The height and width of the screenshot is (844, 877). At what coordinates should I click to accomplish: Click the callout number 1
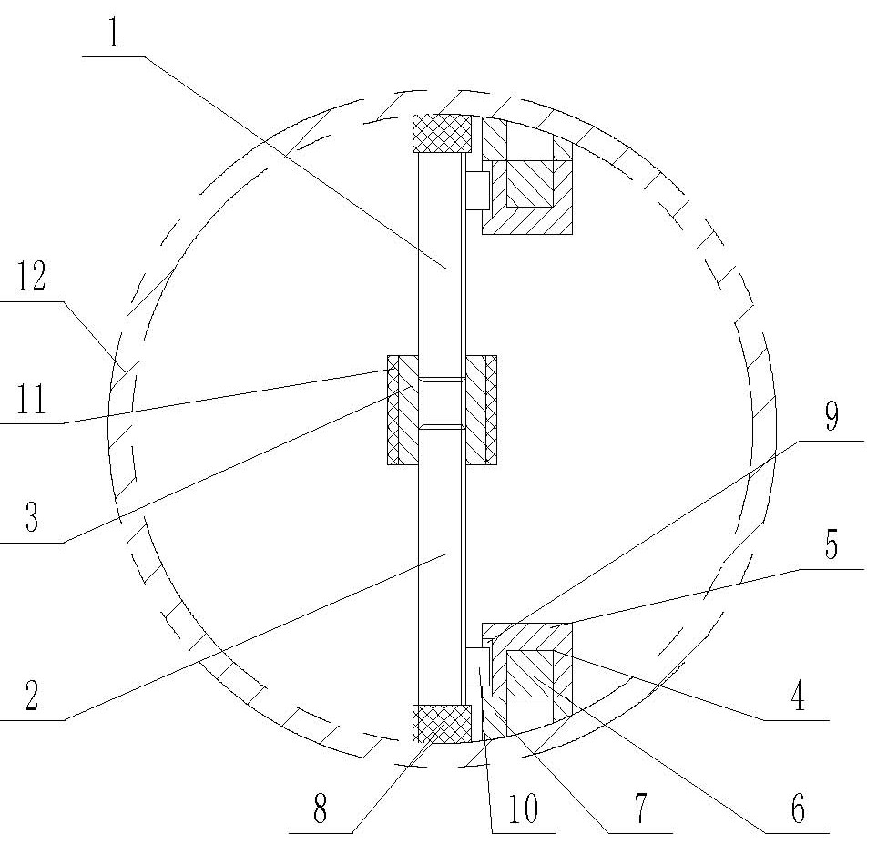point(114,33)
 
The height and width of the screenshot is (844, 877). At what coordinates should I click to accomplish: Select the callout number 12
point(31,277)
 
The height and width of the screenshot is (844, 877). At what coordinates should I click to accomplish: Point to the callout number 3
point(33,517)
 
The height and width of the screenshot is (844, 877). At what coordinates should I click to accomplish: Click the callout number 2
point(32,696)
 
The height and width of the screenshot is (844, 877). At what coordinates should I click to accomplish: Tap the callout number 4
point(798,697)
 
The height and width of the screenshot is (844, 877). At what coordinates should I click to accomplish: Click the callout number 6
point(798,808)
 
